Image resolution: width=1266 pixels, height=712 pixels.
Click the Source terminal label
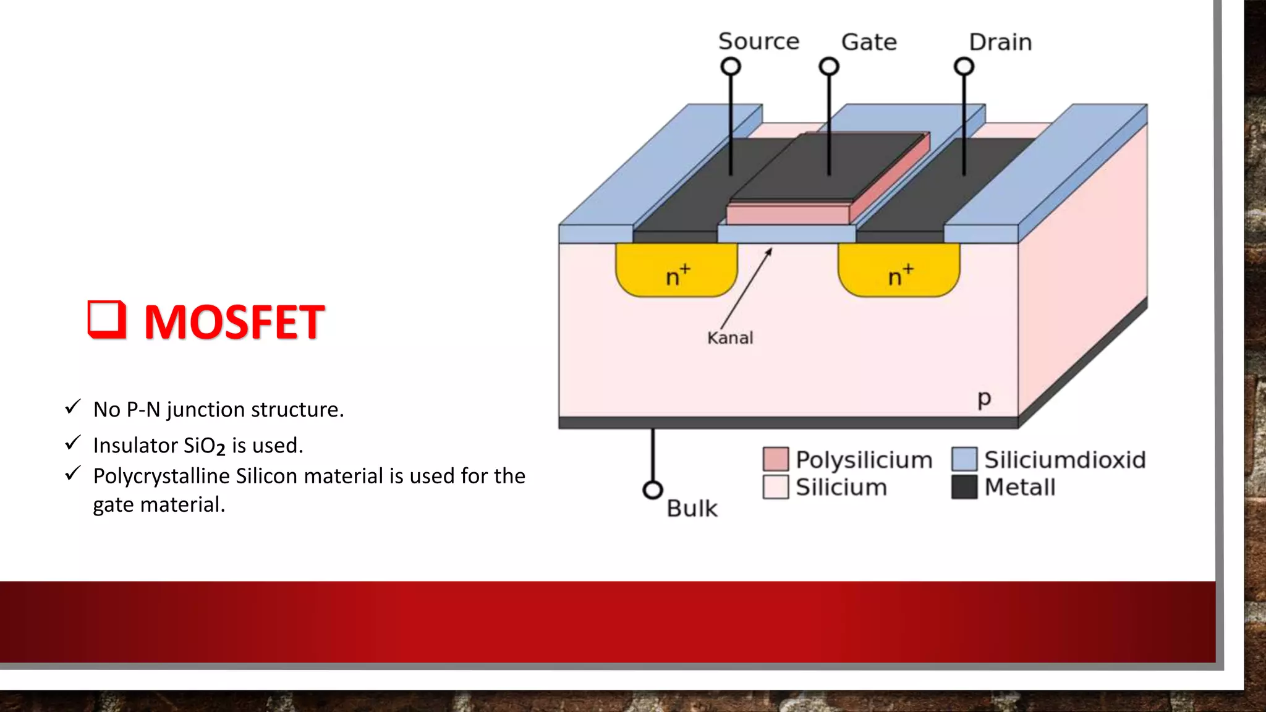point(758,41)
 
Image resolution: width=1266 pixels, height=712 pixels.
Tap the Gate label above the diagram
point(869,42)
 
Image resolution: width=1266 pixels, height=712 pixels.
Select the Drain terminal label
point(1000,42)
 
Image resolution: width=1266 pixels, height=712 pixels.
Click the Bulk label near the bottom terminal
point(692,509)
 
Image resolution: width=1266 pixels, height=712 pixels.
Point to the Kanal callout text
point(730,338)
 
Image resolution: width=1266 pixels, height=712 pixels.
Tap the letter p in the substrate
point(984,399)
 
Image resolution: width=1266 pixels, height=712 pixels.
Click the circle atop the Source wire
point(731,66)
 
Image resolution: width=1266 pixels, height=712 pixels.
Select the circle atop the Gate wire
point(829,66)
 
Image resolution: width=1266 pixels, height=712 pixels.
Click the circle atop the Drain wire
point(964,66)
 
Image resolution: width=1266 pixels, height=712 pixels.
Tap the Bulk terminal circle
point(653,490)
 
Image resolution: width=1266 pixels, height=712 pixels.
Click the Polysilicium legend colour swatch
point(776,459)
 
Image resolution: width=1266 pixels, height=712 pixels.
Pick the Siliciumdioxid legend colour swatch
point(964,459)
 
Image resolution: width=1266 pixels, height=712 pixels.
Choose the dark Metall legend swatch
point(964,487)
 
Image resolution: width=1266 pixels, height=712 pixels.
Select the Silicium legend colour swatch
point(776,487)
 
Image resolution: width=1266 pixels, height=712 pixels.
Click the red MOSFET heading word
point(234,322)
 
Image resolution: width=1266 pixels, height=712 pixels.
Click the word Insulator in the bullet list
point(135,446)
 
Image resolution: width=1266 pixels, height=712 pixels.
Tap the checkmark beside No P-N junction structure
point(73,407)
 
